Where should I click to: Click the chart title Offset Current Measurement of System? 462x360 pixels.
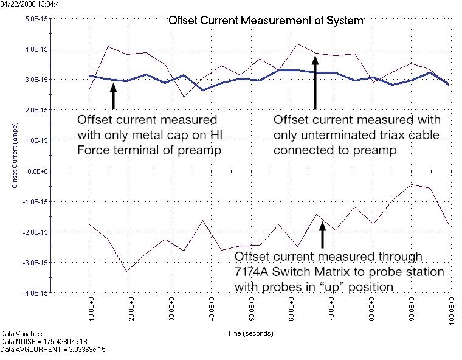(x=265, y=21)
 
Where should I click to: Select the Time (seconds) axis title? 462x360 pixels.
(x=250, y=333)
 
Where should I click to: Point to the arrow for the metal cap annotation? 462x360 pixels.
(x=113, y=95)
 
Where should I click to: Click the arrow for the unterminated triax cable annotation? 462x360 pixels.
(x=315, y=82)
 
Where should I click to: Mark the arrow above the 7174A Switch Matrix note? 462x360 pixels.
(x=322, y=235)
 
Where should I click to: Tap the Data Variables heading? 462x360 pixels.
(x=21, y=334)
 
